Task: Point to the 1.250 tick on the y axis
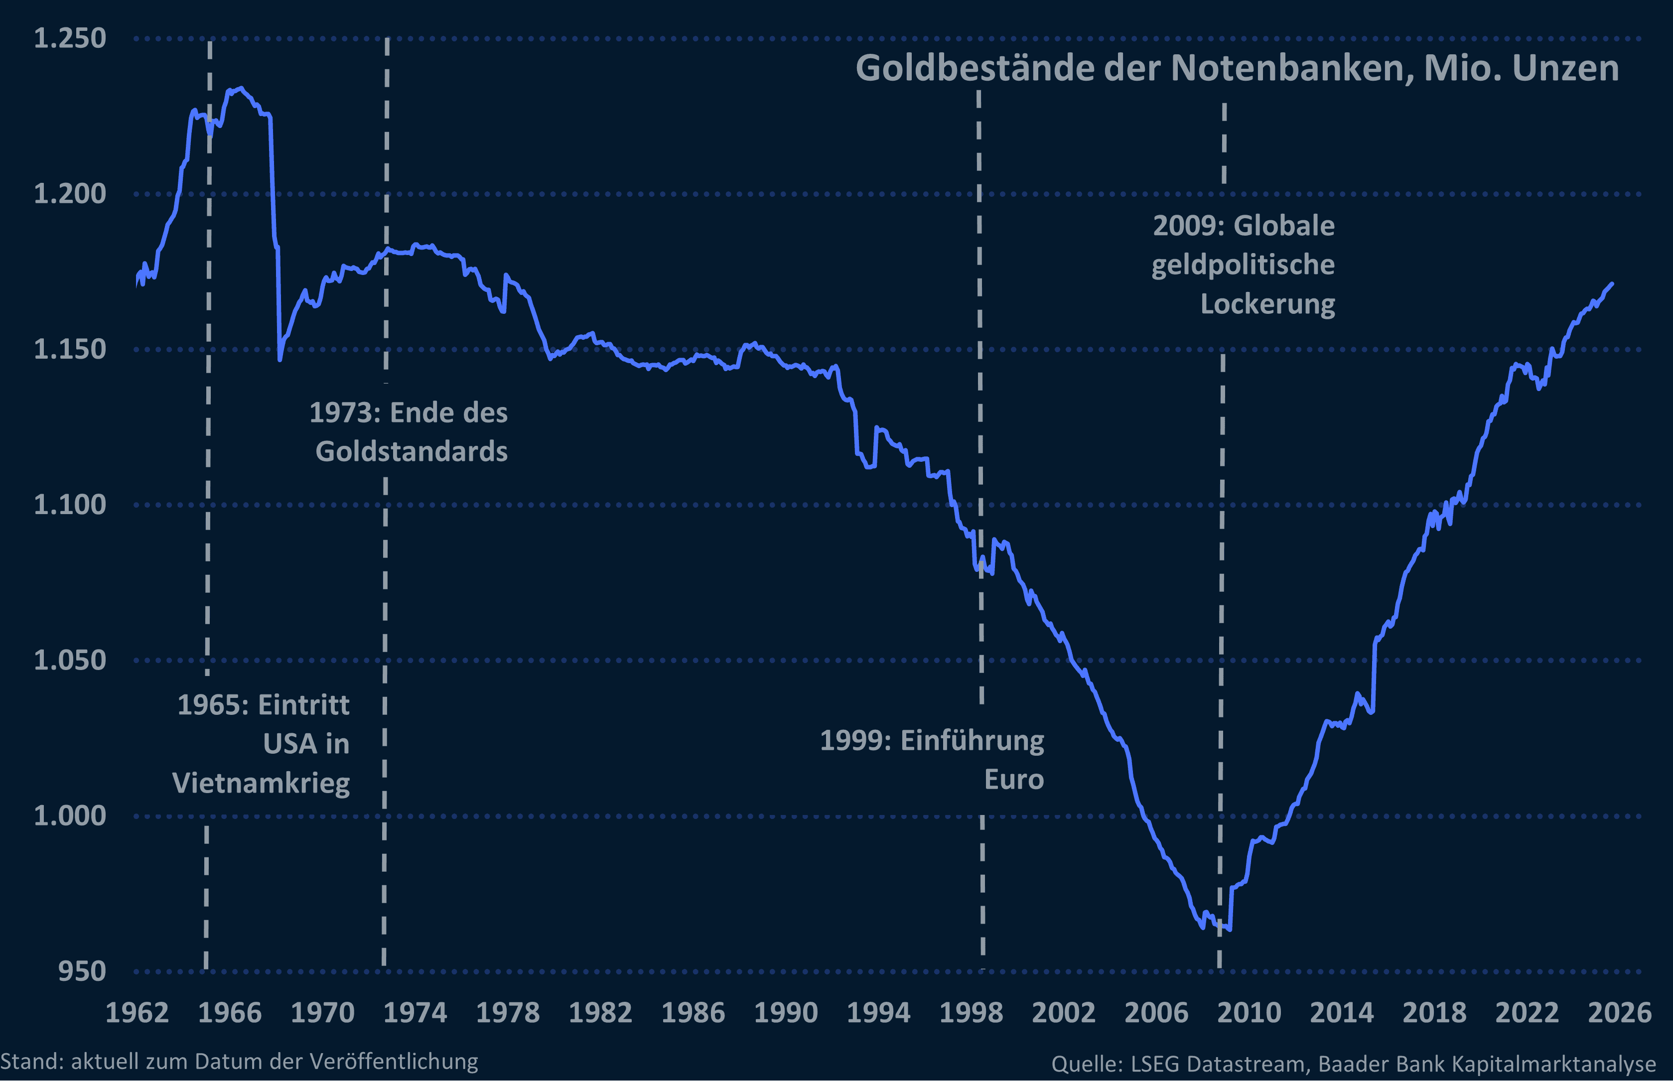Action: click(x=70, y=38)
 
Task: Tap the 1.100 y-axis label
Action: click(x=70, y=504)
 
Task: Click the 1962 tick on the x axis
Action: click(x=137, y=1012)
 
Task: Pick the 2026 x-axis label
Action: click(x=1620, y=1012)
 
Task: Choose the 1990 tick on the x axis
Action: click(x=786, y=1012)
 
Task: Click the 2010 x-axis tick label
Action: click(x=1249, y=1012)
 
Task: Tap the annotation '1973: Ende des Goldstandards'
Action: click(x=410, y=432)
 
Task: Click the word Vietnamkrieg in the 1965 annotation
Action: click(x=261, y=782)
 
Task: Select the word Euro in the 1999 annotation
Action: click(x=1014, y=779)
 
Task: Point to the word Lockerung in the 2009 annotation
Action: click(x=1267, y=304)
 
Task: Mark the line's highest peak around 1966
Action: click(x=240, y=89)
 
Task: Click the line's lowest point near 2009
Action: click(x=1229, y=930)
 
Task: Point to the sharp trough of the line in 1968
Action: click(x=279, y=359)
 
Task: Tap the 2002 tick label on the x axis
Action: click(x=1064, y=1012)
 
